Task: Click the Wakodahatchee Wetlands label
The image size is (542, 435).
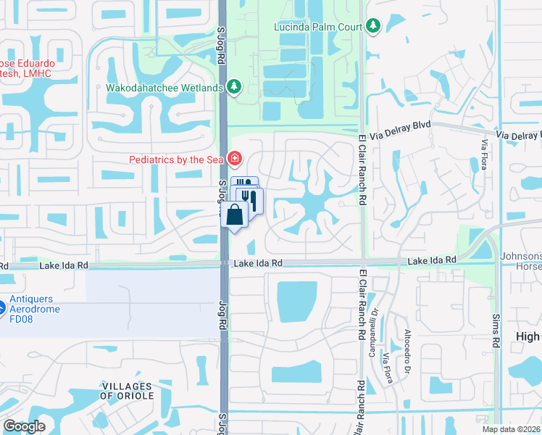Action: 164,88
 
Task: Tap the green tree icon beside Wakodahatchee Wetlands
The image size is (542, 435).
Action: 234,87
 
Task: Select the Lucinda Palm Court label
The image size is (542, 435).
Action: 318,27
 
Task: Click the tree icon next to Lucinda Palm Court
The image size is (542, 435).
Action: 373,27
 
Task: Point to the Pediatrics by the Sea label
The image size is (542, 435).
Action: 177,159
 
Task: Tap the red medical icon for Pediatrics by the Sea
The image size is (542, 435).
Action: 234,158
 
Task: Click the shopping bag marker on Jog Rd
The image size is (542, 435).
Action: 235,215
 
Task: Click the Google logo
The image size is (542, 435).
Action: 24,426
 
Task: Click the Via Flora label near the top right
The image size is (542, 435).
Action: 483,154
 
